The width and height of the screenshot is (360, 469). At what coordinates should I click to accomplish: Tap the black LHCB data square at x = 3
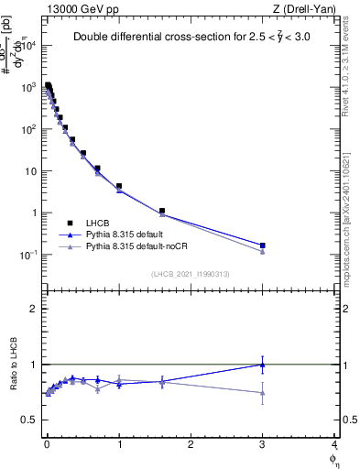[263, 245]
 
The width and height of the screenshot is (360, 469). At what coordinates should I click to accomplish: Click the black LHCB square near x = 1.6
[162, 211]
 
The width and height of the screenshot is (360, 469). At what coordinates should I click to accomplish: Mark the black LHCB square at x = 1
[119, 186]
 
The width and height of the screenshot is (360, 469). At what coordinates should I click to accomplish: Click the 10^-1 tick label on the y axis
[28, 255]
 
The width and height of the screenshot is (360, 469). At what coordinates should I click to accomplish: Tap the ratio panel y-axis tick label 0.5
[31, 420]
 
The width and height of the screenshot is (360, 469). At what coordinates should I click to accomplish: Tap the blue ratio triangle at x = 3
[263, 365]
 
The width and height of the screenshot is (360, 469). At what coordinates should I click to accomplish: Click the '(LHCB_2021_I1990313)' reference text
[190, 274]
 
